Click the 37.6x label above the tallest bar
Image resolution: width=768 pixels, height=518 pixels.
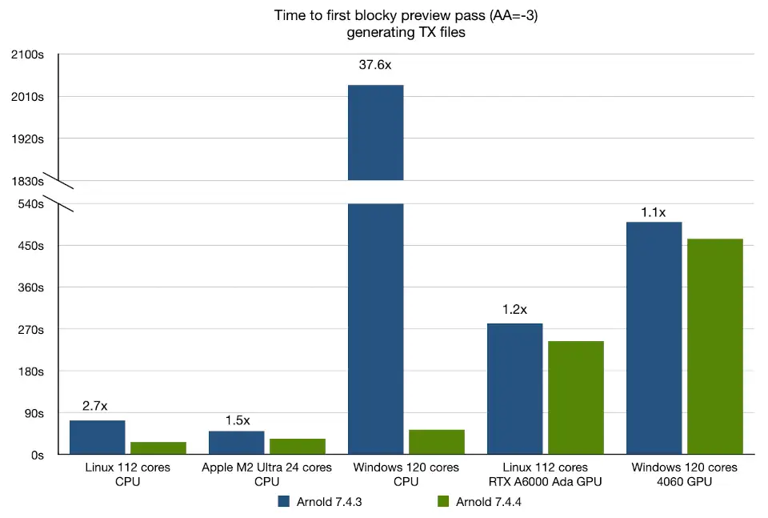[x=375, y=66]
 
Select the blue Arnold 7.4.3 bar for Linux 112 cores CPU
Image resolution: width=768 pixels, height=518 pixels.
[x=97, y=437]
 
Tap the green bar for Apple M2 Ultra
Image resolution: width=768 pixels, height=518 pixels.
[x=297, y=447]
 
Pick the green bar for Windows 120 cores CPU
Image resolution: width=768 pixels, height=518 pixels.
[x=436, y=442]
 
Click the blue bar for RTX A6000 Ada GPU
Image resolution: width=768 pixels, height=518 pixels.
[x=515, y=388]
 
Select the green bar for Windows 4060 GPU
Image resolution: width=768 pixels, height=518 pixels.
[x=714, y=346]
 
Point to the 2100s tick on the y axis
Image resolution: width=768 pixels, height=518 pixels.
[x=28, y=54]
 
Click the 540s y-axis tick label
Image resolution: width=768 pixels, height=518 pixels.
[x=30, y=203]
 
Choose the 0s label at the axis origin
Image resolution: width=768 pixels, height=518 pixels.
[x=37, y=455]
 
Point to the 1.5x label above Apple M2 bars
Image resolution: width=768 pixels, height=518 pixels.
[x=237, y=420]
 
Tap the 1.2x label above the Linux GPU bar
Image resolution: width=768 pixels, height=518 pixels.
[x=514, y=309]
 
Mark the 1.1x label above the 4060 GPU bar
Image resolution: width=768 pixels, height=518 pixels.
[x=653, y=212]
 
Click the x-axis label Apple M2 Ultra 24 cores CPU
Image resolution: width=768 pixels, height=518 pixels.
[x=266, y=474]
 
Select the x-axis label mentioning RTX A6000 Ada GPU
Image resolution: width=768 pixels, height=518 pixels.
[x=545, y=474]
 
